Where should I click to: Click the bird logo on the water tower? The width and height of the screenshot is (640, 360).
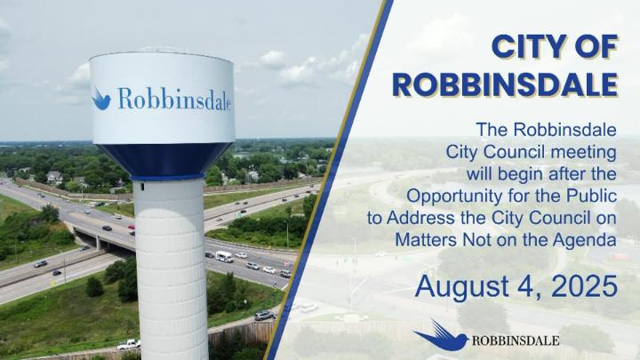pos(100,99)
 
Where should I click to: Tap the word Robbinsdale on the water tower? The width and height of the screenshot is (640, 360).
pos(174,99)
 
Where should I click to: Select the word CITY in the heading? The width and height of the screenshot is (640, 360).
pos(525,46)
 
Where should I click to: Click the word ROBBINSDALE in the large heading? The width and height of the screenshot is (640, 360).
pos(505,84)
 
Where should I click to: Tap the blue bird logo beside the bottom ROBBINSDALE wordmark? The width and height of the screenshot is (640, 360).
pos(441,336)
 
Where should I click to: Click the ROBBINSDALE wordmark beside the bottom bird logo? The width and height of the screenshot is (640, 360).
pos(516,340)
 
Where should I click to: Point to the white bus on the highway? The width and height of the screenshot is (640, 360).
pos(224,257)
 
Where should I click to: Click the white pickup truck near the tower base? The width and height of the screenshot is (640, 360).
pos(128,345)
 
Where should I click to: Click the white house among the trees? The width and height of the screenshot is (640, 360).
pos(54,178)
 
